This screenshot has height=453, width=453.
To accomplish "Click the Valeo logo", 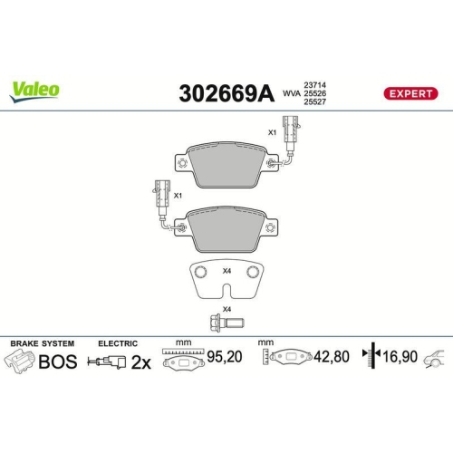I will click(35, 89).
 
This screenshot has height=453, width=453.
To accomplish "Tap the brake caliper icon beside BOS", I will click(20, 363).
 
